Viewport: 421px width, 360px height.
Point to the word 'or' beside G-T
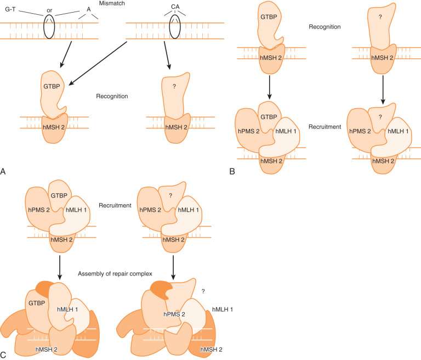(x=50, y=9)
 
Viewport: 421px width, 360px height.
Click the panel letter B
(x=232, y=171)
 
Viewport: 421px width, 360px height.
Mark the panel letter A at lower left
(x=4, y=171)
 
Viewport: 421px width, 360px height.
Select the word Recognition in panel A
(x=112, y=96)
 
